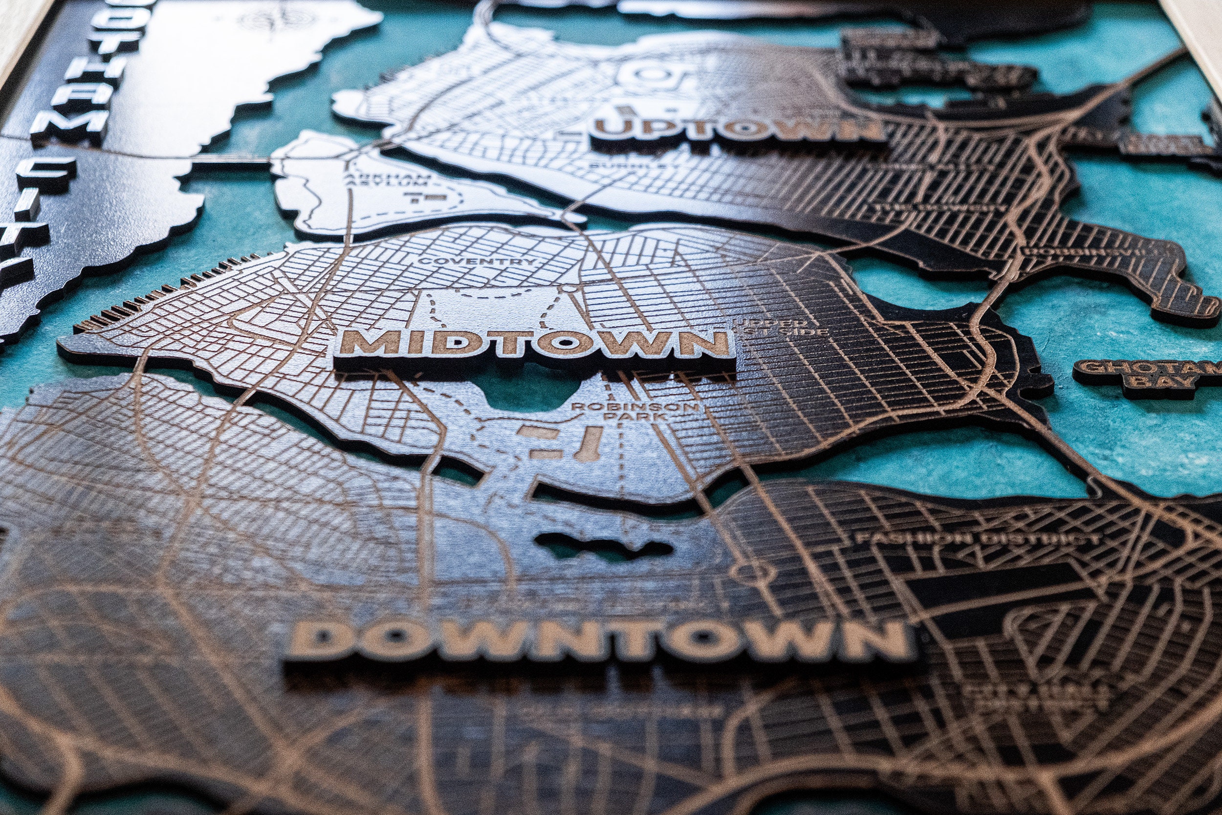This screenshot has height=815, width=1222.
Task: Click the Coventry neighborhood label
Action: coord(476,261)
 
